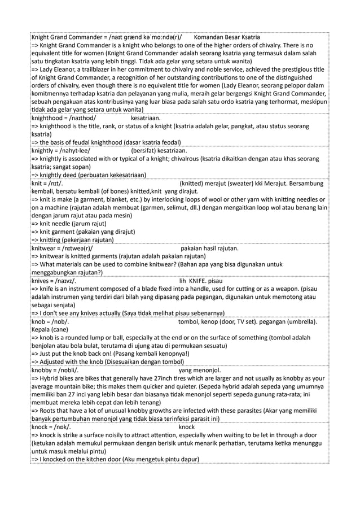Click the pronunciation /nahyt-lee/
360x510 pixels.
pyautogui.click(x=71, y=151)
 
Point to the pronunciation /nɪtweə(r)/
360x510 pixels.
pyautogui.click(x=74, y=248)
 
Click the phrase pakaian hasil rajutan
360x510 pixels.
pyautogui.click(x=210, y=248)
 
